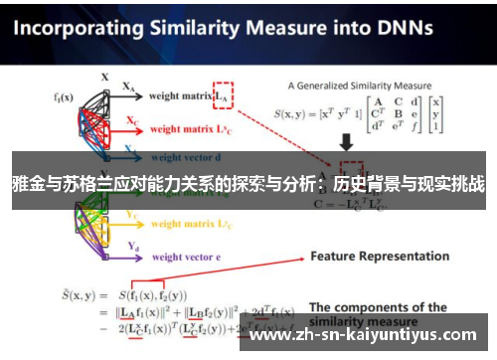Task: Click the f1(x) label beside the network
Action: (64, 97)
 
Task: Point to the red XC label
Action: (132, 121)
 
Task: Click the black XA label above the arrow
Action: (129, 88)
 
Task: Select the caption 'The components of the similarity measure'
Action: (378, 314)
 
